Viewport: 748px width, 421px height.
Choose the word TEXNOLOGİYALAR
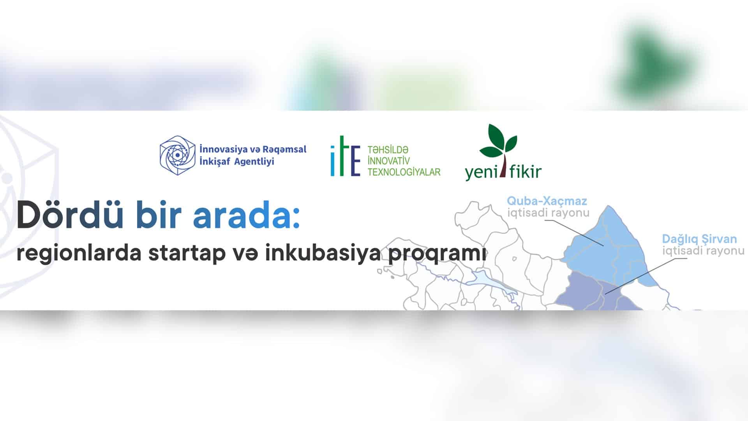click(404, 172)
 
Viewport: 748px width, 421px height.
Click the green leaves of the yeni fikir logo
click(498, 141)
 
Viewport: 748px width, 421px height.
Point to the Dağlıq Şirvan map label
click(700, 239)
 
